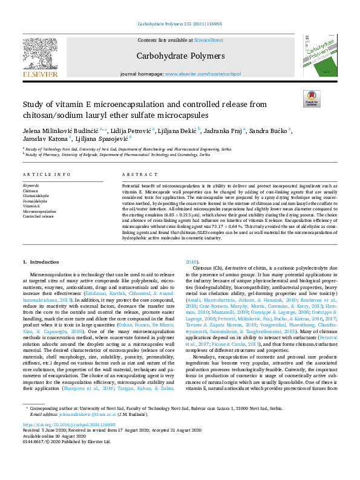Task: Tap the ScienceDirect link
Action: [208, 40]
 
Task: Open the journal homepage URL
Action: [211, 74]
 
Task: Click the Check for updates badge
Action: [311, 97]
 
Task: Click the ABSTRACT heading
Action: [135, 174]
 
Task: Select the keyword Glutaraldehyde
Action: [36, 195]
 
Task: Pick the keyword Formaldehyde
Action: [34, 201]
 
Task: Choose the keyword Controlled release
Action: [38, 216]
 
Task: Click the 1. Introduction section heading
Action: [41, 262]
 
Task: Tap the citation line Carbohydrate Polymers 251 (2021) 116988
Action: [179, 24]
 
